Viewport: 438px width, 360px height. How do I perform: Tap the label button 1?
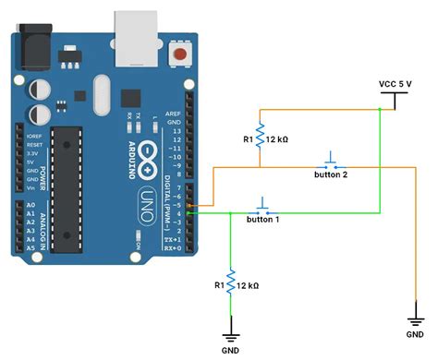click(264, 220)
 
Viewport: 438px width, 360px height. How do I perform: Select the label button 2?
click(332, 174)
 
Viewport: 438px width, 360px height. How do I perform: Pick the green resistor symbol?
click(230, 281)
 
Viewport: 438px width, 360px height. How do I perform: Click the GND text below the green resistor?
click(231, 350)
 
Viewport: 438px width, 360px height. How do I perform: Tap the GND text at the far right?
click(416, 322)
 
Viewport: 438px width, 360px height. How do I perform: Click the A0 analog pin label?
click(31, 205)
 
